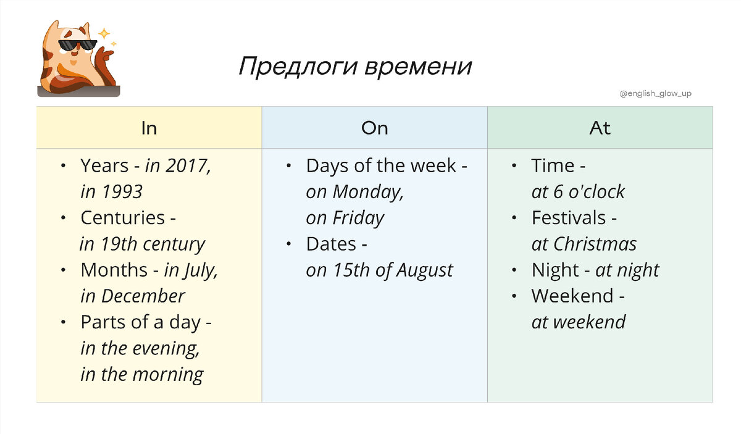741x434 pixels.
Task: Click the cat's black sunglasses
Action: [77, 46]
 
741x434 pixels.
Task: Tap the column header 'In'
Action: [149, 128]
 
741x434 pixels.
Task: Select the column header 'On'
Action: [375, 128]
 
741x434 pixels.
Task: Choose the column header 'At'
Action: [600, 128]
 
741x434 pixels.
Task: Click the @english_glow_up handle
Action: [655, 94]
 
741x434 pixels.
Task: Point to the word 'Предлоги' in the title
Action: [298, 67]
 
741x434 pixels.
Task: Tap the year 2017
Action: [188, 166]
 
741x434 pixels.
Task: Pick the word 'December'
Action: [143, 296]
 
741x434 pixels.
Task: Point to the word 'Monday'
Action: [368, 192]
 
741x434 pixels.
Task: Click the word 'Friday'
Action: [358, 218]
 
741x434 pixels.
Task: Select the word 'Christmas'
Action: [595, 244]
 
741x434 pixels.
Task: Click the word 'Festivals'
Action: [569, 218]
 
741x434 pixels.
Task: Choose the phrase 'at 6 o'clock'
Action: [578, 192]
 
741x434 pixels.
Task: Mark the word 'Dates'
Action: [331, 244]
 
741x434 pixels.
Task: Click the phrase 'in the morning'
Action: [142, 375]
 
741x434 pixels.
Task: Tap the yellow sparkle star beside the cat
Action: [105, 33]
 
